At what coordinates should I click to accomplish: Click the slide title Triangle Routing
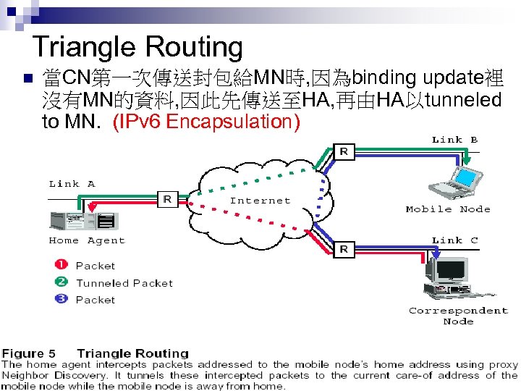[137, 47]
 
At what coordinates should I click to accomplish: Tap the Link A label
[72, 184]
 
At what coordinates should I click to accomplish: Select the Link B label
[454, 140]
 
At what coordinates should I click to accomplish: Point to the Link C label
[454, 240]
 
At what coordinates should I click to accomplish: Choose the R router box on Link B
[344, 152]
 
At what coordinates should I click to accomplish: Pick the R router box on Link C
[344, 249]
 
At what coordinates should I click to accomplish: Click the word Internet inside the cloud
[260, 201]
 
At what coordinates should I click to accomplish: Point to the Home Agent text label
[87, 240]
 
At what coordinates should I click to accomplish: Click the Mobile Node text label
[448, 209]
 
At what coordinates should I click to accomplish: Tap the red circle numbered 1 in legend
[62, 265]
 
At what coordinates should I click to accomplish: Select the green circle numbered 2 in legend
[62, 282]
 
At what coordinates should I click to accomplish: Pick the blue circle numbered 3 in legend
[62, 299]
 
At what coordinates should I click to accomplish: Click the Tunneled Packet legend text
[124, 283]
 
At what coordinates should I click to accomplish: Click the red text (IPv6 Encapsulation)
[206, 121]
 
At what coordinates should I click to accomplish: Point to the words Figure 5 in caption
[28, 353]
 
